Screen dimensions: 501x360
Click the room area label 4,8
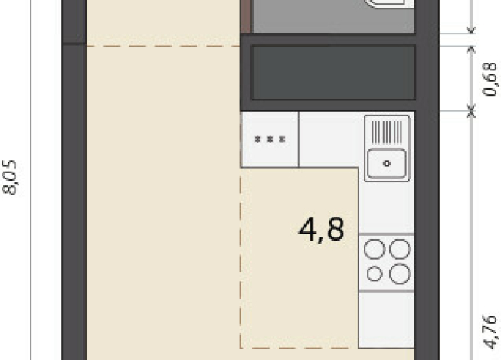[321, 229]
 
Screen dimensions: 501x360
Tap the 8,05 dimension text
[10, 177]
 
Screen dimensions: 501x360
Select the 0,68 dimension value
[490, 79]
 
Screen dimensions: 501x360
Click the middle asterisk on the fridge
[270, 139]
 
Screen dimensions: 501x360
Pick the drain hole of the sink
[387, 164]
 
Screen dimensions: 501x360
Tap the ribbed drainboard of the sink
[387, 132]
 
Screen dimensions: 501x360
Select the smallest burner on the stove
[375, 274]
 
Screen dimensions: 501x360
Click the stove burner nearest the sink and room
[375, 249]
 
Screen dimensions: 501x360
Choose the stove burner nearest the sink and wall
[400, 249]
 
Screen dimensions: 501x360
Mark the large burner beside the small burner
[400, 274]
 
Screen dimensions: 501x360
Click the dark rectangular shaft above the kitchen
[333, 73]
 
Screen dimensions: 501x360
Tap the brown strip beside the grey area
[246, 16]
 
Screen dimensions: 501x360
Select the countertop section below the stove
[387, 319]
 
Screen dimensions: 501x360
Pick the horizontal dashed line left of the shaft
[163, 46]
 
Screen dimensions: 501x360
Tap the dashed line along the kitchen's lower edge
[299, 348]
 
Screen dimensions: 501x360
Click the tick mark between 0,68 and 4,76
[470, 111]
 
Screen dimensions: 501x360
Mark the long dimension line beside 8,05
[31, 180]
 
